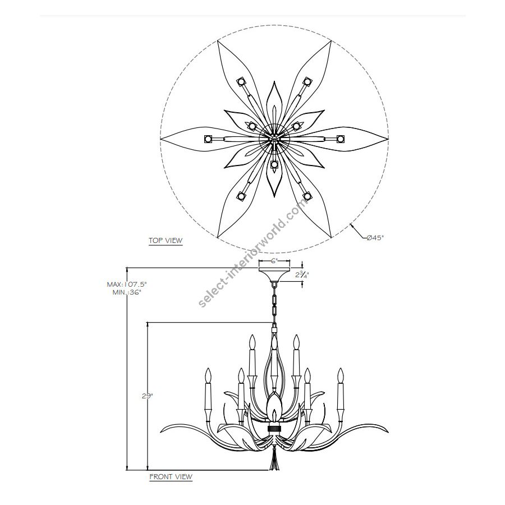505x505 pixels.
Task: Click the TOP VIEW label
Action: (x=166, y=241)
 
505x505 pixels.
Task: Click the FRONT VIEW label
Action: (x=171, y=477)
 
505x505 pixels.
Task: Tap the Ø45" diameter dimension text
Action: (x=376, y=238)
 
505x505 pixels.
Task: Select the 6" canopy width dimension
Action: (x=274, y=261)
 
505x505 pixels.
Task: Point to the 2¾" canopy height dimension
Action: (x=302, y=275)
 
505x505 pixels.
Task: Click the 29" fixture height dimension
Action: (x=147, y=396)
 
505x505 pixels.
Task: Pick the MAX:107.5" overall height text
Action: (x=127, y=284)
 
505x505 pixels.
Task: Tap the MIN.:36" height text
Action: (x=127, y=292)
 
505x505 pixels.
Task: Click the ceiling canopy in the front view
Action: (x=274, y=274)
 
